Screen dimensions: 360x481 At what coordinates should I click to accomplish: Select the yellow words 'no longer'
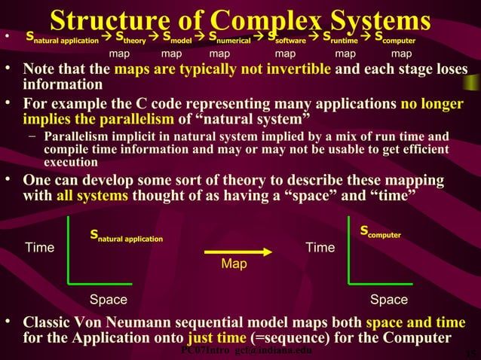click(432, 105)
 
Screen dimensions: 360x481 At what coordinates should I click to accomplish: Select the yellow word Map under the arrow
click(234, 265)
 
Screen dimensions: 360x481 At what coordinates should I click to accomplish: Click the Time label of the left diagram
click(40, 248)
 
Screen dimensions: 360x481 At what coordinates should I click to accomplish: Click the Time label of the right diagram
click(320, 248)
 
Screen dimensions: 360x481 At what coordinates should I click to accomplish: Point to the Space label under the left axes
click(109, 300)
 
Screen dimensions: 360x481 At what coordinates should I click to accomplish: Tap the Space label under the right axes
click(389, 300)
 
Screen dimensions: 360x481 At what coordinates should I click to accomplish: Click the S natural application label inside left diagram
click(126, 236)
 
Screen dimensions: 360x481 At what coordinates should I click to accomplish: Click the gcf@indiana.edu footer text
click(273, 352)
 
